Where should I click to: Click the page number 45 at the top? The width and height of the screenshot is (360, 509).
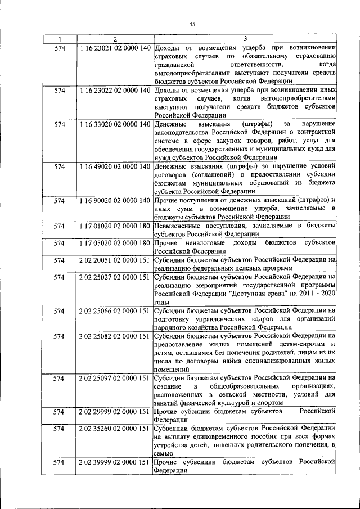[x=192, y=24]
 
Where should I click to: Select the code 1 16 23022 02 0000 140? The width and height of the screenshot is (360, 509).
[x=115, y=90]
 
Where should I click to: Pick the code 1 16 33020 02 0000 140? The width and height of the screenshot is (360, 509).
[x=115, y=124]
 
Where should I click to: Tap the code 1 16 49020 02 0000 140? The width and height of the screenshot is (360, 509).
[x=115, y=166]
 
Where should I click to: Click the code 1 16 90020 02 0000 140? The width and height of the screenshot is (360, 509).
[x=115, y=200]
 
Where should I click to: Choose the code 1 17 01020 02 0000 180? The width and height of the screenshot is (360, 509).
[x=115, y=226]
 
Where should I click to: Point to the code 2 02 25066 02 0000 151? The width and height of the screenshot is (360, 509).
[x=115, y=310]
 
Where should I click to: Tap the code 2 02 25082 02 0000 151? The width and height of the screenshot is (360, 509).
[x=115, y=336]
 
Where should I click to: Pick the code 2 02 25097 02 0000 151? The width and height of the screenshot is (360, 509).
[x=115, y=378]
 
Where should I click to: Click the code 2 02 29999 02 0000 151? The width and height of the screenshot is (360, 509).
[x=115, y=412]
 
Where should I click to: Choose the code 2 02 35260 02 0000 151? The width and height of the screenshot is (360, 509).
[x=115, y=429]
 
